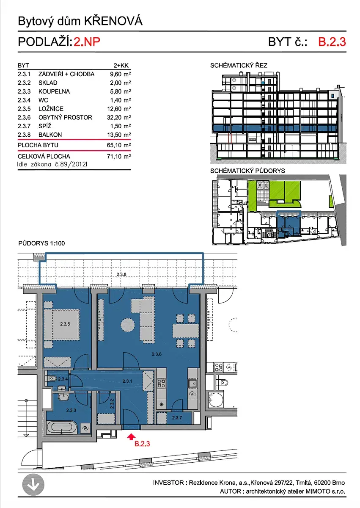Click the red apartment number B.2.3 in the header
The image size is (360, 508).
pyautogui.click(x=332, y=42)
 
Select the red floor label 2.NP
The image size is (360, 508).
pyautogui.click(x=87, y=42)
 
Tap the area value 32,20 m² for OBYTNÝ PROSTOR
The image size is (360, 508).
pyautogui.click(x=119, y=117)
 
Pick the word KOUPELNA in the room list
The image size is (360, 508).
pyautogui.click(x=54, y=91)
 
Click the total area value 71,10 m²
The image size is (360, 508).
pyautogui.click(x=119, y=156)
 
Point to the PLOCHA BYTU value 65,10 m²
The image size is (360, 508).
pyautogui.click(x=119, y=145)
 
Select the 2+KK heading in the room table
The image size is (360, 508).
pyautogui.click(x=121, y=66)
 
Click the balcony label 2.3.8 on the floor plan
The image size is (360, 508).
pyautogui.click(x=121, y=274)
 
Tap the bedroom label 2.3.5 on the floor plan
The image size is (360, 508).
pyautogui.click(x=65, y=324)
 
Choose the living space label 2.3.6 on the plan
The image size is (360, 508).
pyautogui.click(x=157, y=354)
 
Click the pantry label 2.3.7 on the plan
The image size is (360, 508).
pyautogui.click(x=177, y=417)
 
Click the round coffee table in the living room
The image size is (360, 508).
pyautogui.click(x=128, y=325)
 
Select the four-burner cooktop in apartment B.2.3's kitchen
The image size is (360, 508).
pyautogui.click(x=162, y=383)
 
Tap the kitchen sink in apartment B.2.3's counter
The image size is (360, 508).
pyautogui.click(x=192, y=384)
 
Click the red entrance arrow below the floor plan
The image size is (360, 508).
pyautogui.click(x=131, y=437)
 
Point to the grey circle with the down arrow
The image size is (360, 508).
pyautogui.click(x=33, y=485)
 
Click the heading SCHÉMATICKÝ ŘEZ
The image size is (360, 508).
pyautogui.click(x=239, y=65)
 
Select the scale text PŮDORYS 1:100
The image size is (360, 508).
pyautogui.click(x=42, y=243)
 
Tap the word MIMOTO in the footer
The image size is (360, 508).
pyautogui.click(x=318, y=491)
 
